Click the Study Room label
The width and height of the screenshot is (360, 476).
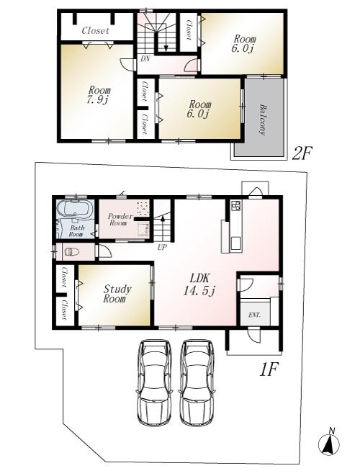point(117,294)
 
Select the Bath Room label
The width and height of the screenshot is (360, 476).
point(76,231)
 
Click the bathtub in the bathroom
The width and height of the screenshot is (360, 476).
point(74,212)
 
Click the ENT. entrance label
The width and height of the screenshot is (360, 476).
point(254,315)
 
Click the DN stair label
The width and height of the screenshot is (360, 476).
point(145,58)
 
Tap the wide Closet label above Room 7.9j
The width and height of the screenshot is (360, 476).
point(95,31)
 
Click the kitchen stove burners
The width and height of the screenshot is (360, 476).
point(235,207)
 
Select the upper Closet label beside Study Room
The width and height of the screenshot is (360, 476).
point(64,277)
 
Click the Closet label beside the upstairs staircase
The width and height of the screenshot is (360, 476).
point(189,28)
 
